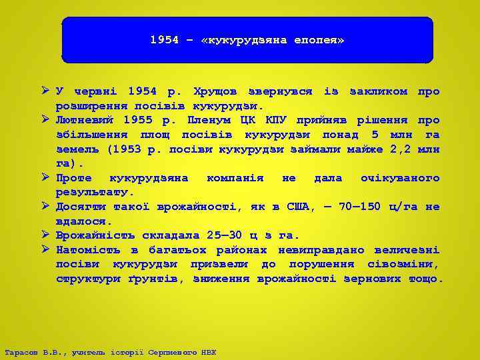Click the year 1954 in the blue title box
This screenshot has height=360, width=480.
tap(164, 40)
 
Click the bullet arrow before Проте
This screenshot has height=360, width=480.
tap(46, 177)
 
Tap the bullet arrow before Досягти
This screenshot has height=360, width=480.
tap(46, 206)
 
